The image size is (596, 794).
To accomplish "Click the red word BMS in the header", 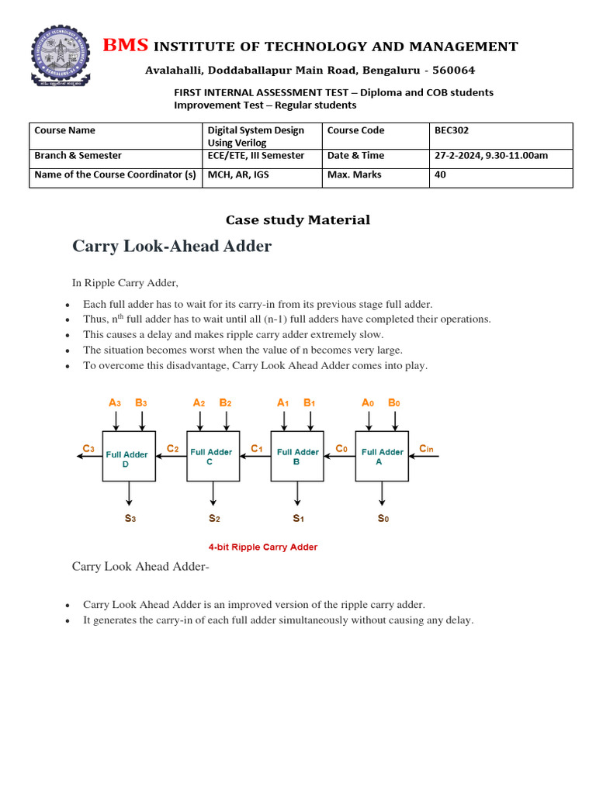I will point(125,46).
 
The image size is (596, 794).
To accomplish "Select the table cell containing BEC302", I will point(501,135).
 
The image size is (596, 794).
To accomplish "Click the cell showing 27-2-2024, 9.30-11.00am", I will point(501,156).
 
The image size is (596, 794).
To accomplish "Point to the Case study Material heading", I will point(297,220).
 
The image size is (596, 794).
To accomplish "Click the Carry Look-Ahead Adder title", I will point(172,247).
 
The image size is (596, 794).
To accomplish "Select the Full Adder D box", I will point(129,456).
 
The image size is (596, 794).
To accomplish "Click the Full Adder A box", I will point(382,456).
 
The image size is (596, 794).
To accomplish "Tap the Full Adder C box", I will point(213,456).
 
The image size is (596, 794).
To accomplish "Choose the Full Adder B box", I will point(297,456).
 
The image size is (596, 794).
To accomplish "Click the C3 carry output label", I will point(89,448).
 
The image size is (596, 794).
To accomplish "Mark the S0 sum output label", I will point(383,518).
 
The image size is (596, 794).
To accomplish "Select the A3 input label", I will point(115,403).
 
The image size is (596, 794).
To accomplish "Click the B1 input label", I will point(310,403).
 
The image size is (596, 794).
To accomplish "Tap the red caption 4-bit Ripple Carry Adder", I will point(262,547).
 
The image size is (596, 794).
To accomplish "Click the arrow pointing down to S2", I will point(213,494).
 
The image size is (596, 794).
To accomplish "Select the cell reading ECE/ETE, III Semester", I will point(262,156).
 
